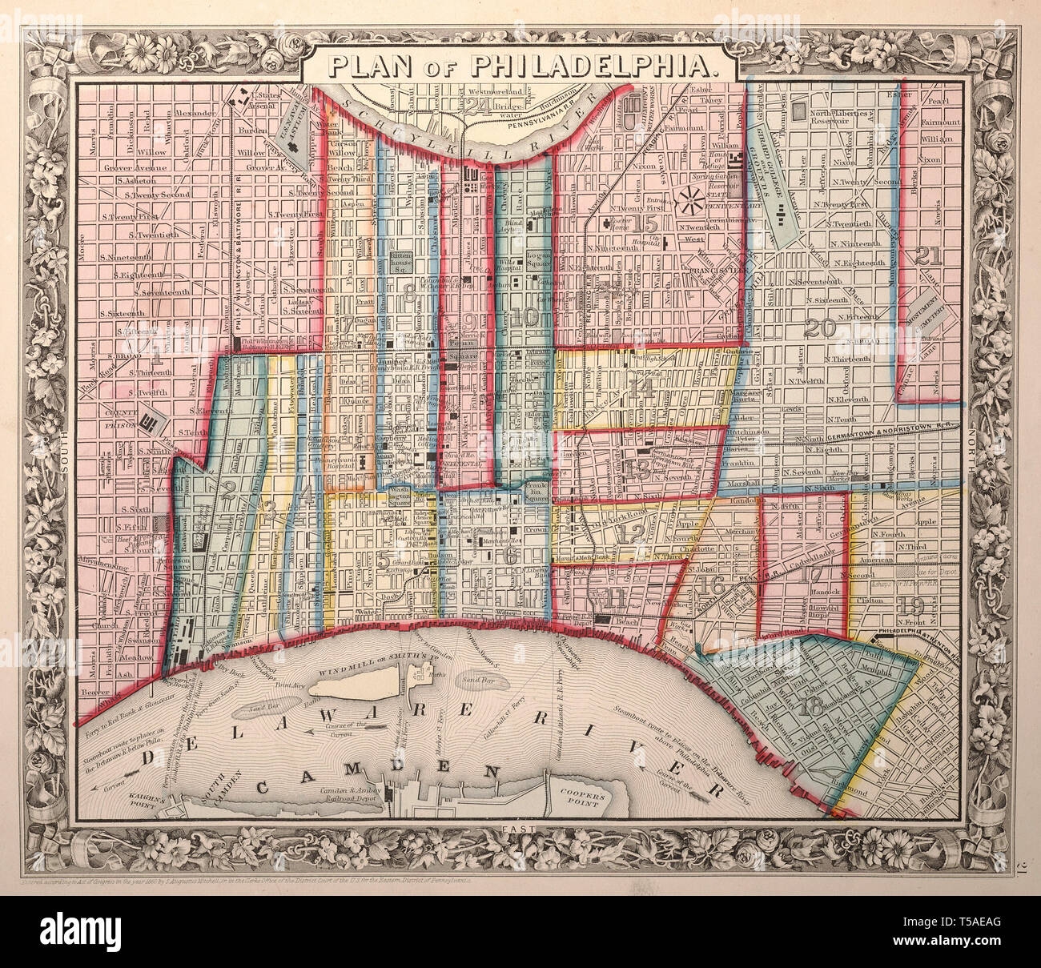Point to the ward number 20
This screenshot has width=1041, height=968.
tap(821, 327)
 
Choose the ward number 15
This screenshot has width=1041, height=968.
tap(645, 224)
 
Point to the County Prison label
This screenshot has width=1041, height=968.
tap(119, 413)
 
